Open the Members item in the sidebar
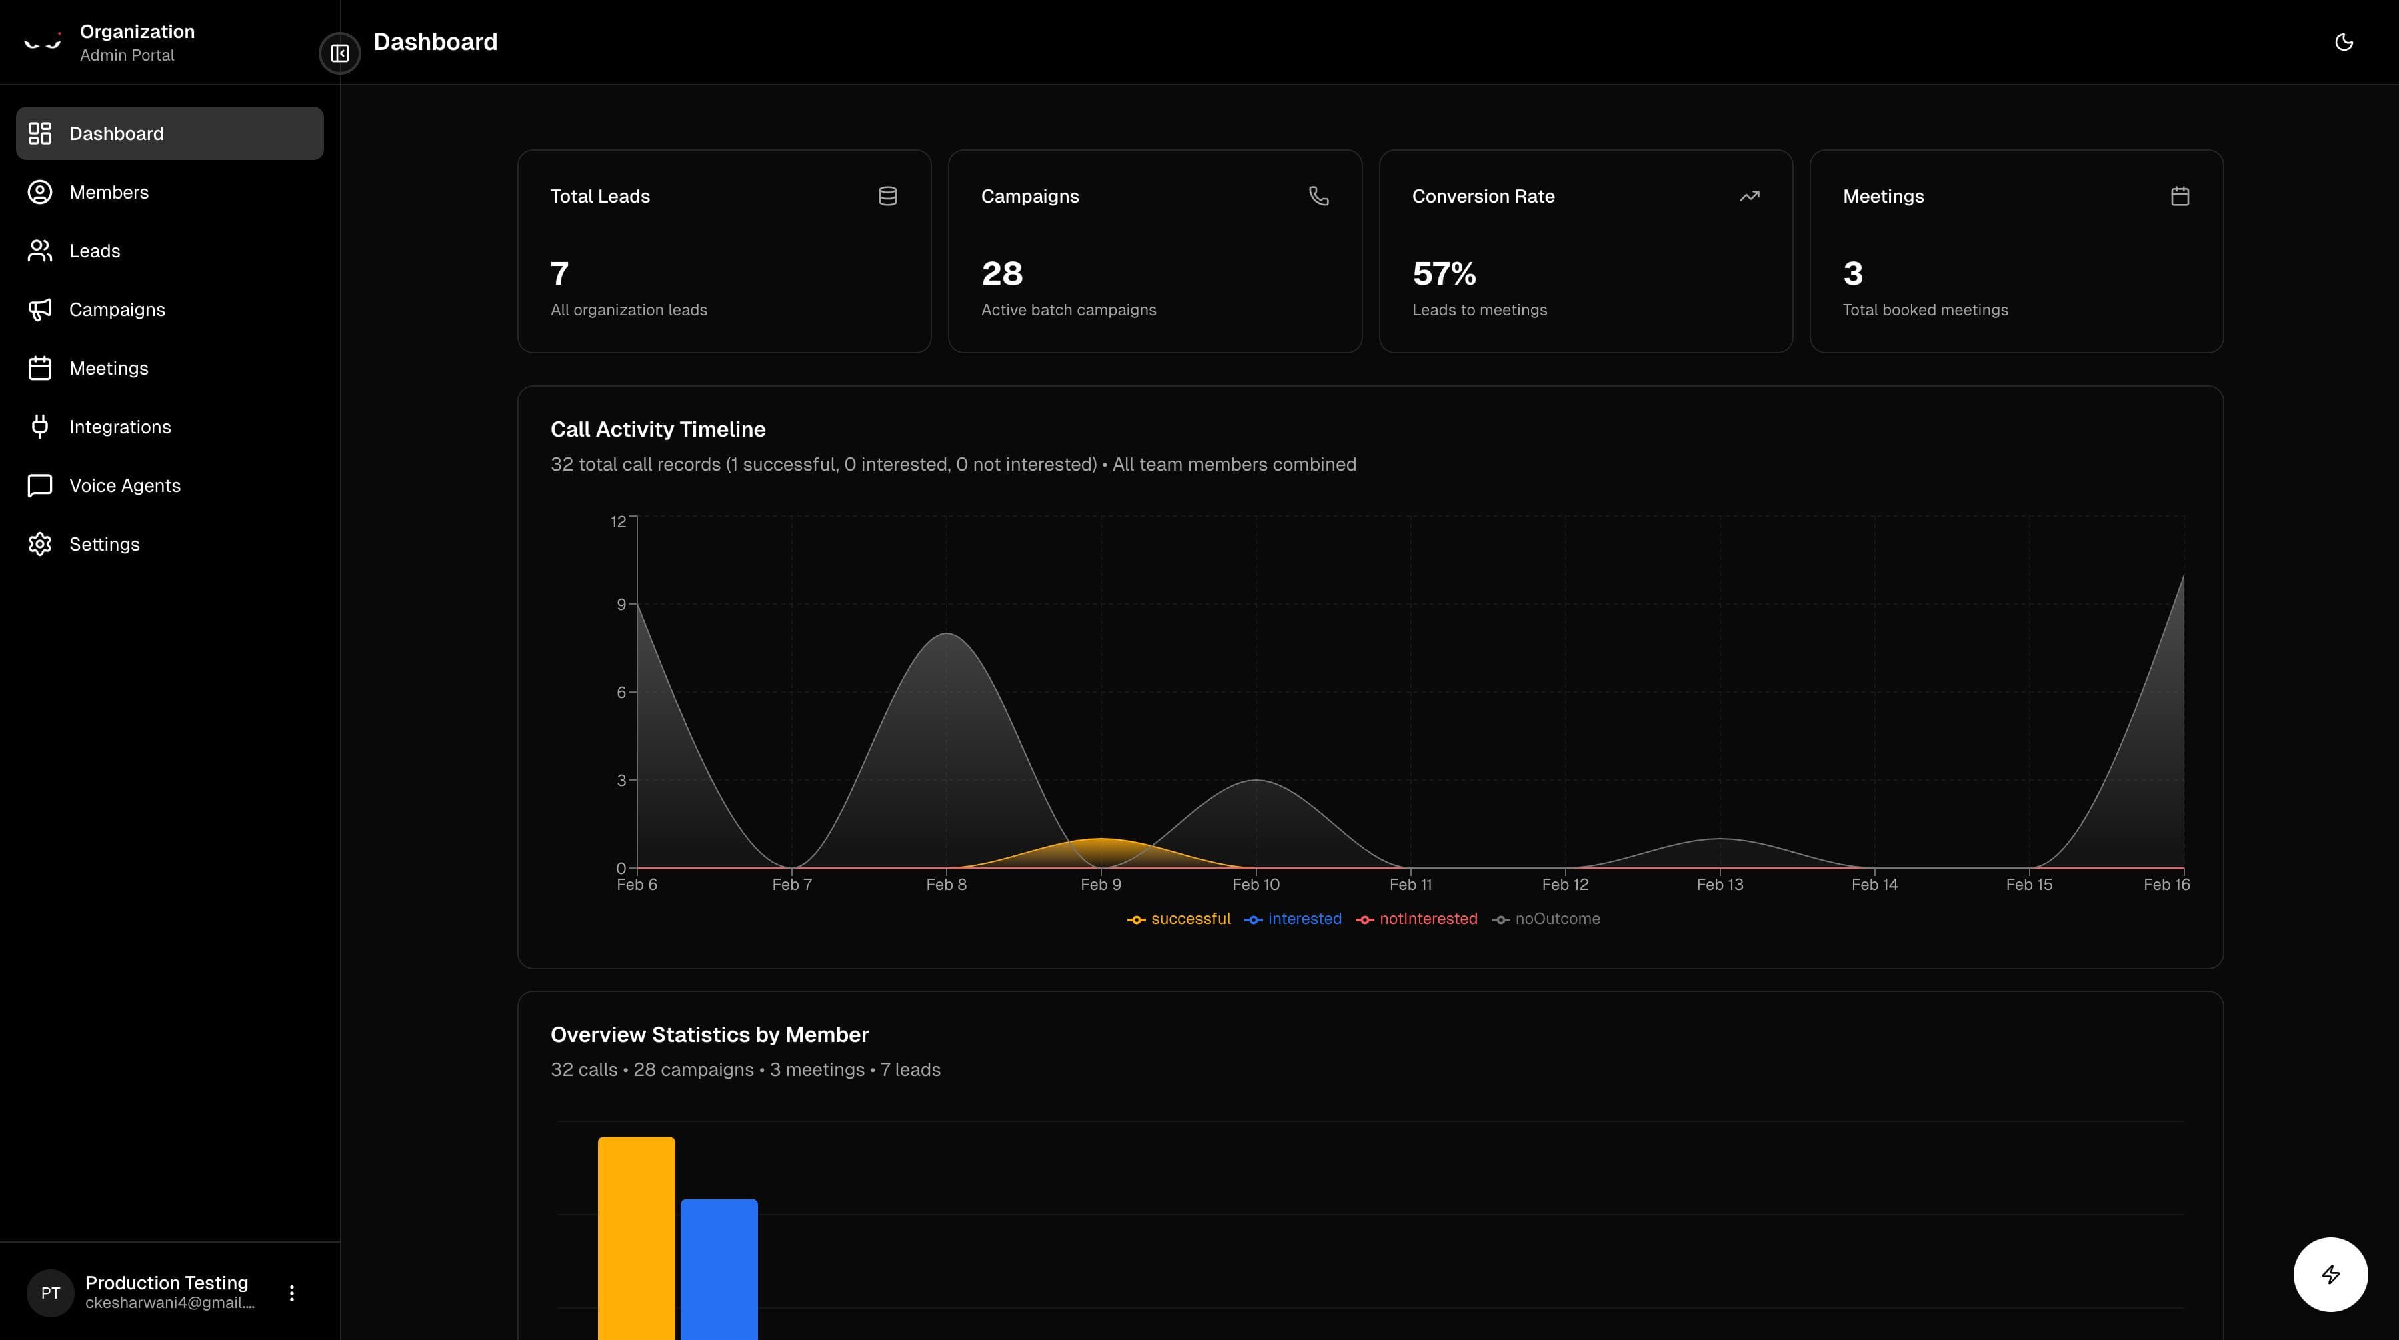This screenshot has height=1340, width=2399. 108,192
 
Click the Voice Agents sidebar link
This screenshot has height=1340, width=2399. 124,485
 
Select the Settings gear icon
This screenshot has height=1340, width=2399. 39,544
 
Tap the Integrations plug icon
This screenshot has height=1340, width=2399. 39,427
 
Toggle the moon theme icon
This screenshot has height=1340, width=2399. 2343,42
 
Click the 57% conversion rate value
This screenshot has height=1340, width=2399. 1444,274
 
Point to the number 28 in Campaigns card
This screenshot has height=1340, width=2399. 1002,274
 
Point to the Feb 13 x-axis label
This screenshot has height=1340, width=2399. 1719,885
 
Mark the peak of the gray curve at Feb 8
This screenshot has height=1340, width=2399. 947,634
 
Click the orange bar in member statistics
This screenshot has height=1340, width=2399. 636,1239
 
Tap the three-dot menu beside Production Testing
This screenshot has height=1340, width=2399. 291,1293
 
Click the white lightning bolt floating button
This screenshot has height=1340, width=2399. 2330,1275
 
